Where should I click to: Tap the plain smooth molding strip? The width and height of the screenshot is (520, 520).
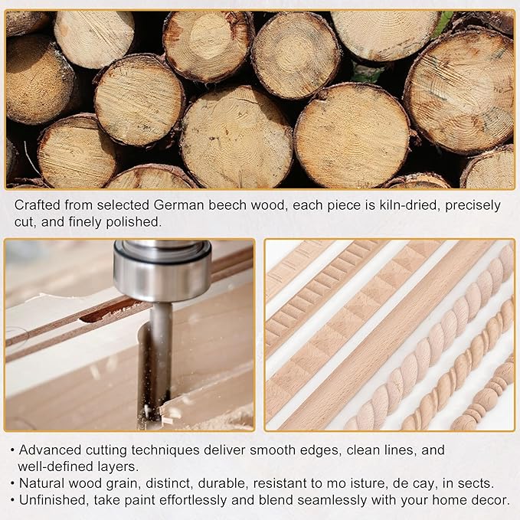click(384, 335)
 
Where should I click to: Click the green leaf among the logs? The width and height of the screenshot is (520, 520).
click(443, 22)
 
